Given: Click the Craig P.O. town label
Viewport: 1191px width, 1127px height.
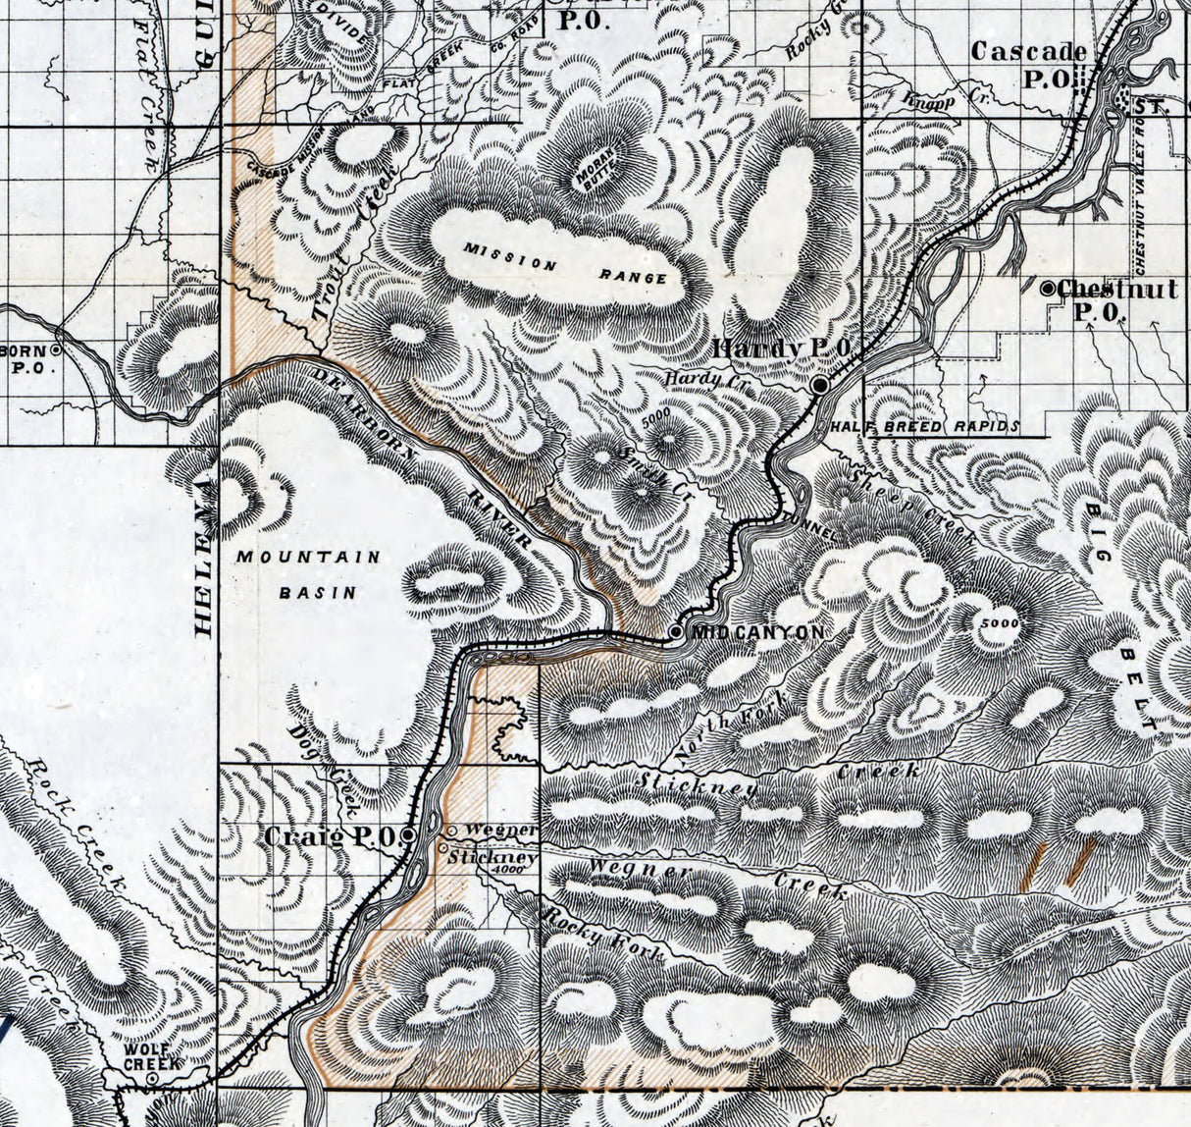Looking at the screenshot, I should pyautogui.click(x=331, y=836).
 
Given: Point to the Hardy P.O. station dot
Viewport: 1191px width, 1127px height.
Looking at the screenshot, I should pyautogui.click(x=820, y=386).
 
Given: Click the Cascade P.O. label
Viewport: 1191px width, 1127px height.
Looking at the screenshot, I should pyautogui.click(x=1028, y=65).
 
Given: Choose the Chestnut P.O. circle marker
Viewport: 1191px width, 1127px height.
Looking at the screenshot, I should pyautogui.click(x=1048, y=289).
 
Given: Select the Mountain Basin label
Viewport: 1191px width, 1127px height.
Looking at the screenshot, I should pyautogui.click(x=308, y=574).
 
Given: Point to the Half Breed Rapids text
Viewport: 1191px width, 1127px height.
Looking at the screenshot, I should pyautogui.click(x=922, y=427).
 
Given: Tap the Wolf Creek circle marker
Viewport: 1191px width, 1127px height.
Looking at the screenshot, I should pyautogui.click(x=153, y=1078).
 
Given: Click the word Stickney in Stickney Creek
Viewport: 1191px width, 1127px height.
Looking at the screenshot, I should pyautogui.click(x=697, y=785).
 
